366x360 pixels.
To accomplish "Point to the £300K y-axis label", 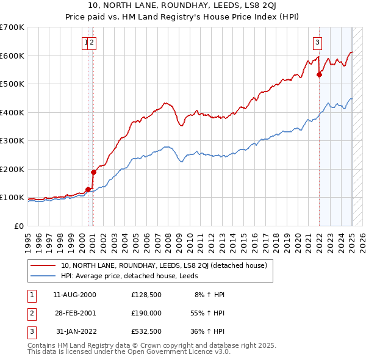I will tap(12, 141).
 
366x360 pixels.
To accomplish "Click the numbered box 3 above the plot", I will tap(318, 42).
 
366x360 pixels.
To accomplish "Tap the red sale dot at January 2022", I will tap(319, 75).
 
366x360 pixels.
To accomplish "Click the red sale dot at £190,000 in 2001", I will tap(94, 172).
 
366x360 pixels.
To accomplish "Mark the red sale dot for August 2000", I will tap(88, 189).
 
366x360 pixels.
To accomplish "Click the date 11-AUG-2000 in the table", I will tap(74, 295).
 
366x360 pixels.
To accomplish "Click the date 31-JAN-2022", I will tap(74, 331).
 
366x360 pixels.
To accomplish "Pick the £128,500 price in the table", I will tap(146, 295).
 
